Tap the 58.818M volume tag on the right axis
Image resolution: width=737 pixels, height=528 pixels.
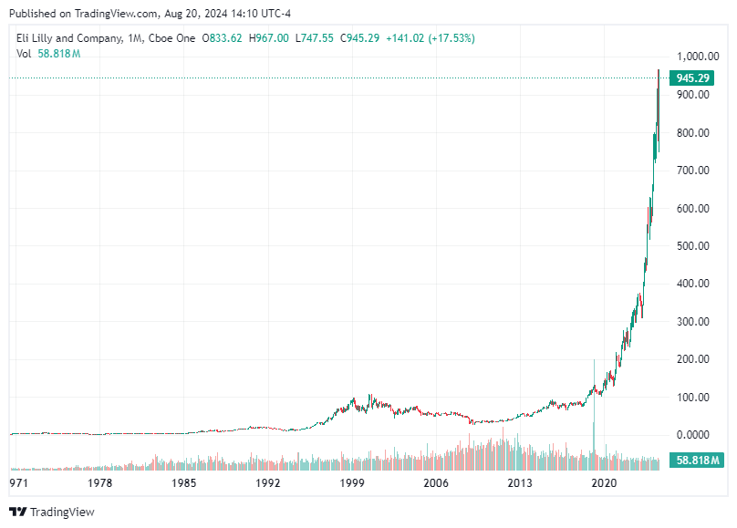[x=697, y=460]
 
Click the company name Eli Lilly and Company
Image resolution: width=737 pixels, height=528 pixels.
[x=69, y=37]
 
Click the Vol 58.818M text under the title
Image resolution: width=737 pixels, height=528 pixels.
[x=48, y=54]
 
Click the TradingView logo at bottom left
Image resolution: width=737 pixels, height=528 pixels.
[x=52, y=512]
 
